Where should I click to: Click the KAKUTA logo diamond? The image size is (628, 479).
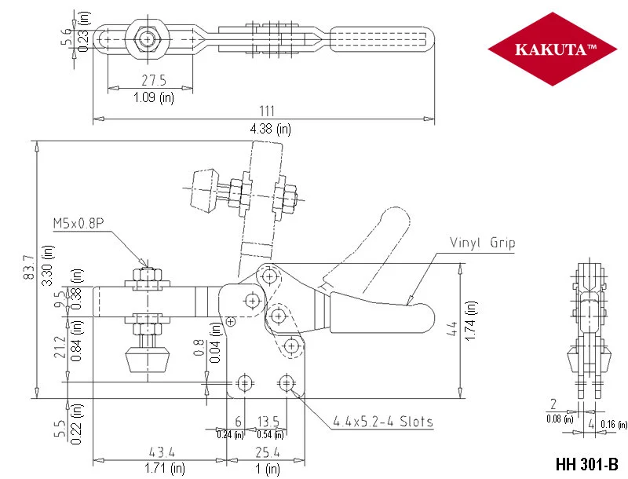click(x=553, y=49)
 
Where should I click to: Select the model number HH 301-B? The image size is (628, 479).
click(x=586, y=464)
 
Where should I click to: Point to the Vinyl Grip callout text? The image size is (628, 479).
click(x=482, y=243)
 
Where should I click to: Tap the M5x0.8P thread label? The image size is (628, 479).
click(x=78, y=223)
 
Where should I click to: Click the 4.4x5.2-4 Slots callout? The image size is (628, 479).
click(x=383, y=422)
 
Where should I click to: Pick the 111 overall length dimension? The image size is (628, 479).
click(x=267, y=111)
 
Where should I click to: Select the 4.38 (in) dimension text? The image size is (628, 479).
click(x=270, y=129)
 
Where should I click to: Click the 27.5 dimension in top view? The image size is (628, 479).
click(x=154, y=80)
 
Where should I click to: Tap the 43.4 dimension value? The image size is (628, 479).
click(x=162, y=452)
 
